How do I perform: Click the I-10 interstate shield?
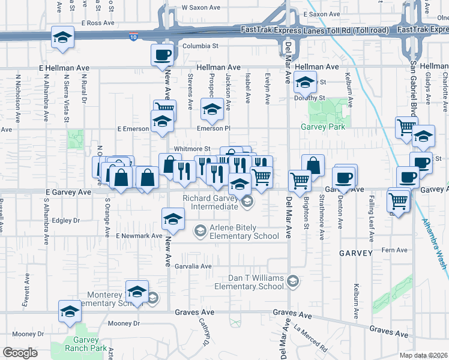(x=132, y=37)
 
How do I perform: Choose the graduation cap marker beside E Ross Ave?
(x=62, y=38)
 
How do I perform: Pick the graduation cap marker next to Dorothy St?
(x=305, y=83)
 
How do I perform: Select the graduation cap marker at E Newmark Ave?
(x=173, y=219)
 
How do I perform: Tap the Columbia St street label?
(x=200, y=46)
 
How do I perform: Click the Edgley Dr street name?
(x=66, y=220)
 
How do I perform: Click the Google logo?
(x=20, y=353)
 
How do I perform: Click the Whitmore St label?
(x=192, y=149)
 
